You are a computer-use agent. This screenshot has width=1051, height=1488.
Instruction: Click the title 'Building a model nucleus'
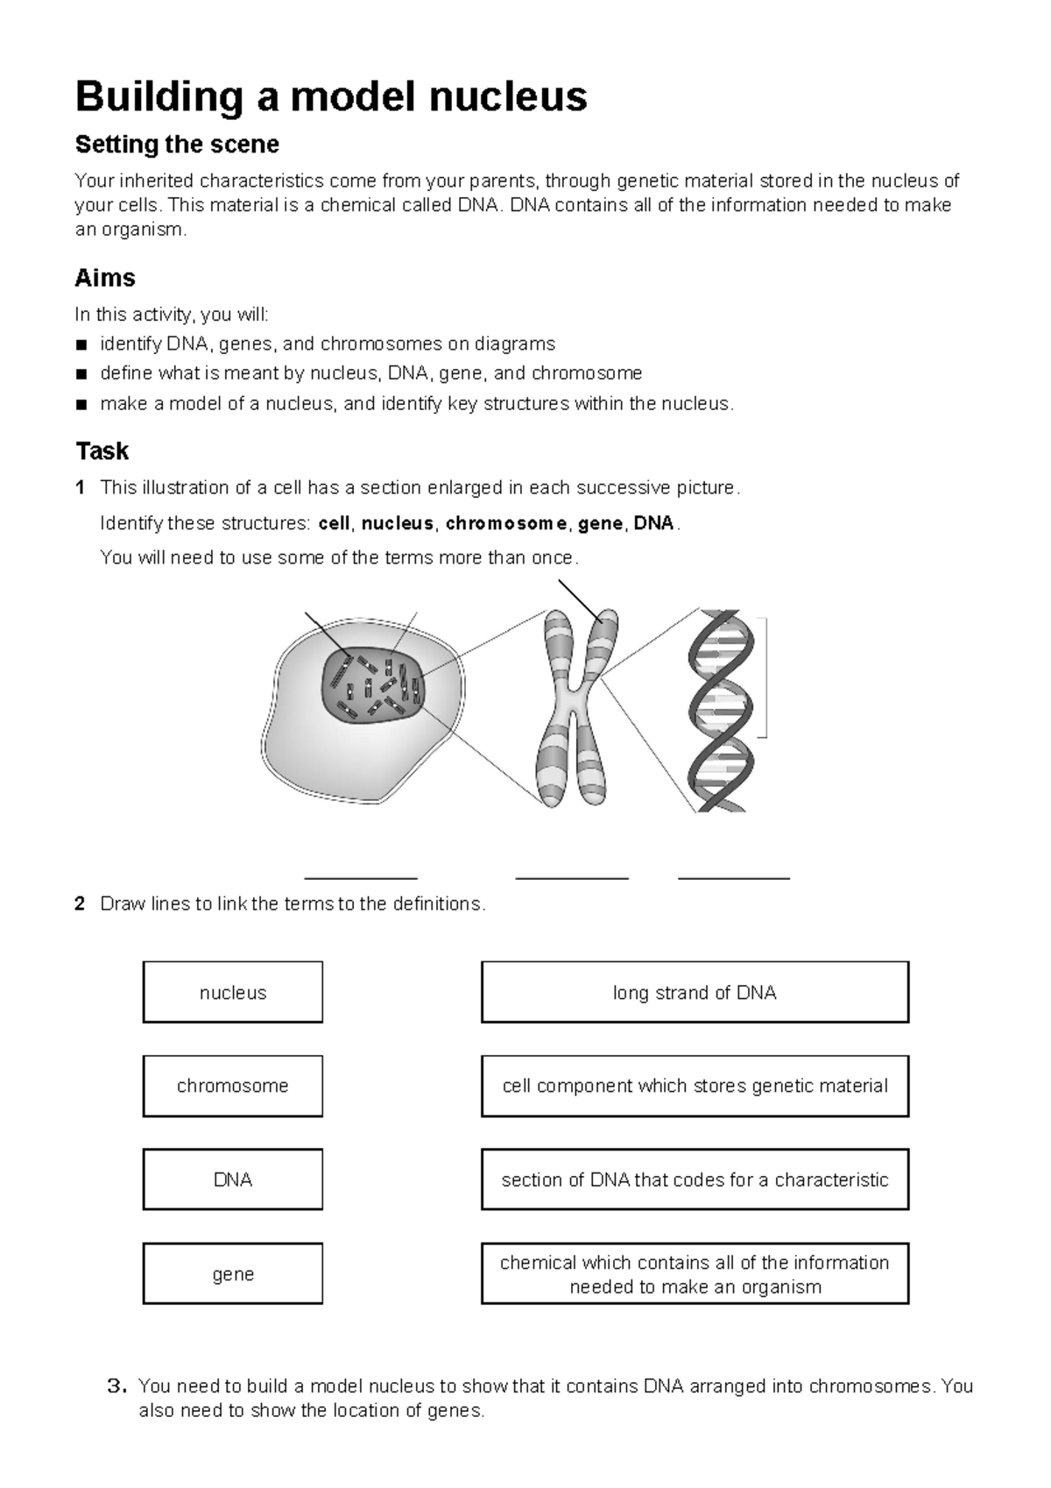coord(331,96)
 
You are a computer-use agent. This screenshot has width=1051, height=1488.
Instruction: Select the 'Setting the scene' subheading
coord(177,145)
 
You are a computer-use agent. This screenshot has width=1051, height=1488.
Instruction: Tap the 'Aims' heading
coord(105,279)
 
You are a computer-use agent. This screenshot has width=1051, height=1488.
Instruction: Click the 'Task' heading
coord(102,451)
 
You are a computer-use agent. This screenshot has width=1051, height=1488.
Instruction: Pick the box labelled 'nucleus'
coord(233,992)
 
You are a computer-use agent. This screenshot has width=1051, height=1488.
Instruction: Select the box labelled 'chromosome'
coord(233,1086)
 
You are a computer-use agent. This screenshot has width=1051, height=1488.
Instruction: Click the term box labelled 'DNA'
coord(233,1180)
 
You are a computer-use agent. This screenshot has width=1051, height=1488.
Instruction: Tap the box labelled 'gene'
coord(233,1273)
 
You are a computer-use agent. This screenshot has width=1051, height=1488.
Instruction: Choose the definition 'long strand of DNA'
coord(695,992)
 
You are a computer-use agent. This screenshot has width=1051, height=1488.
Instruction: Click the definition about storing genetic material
coord(695,1086)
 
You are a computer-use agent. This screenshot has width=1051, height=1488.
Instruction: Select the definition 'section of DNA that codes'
coord(695,1180)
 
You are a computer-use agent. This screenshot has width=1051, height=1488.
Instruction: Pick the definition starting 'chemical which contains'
coord(695,1273)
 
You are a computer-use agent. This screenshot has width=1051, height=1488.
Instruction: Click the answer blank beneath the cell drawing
coord(360,875)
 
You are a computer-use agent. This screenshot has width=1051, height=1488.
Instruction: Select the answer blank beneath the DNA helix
coord(734,875)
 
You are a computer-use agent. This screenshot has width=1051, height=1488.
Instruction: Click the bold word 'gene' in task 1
coord(600,524)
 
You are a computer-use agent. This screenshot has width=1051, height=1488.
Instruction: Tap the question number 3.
coord(116,1386)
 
